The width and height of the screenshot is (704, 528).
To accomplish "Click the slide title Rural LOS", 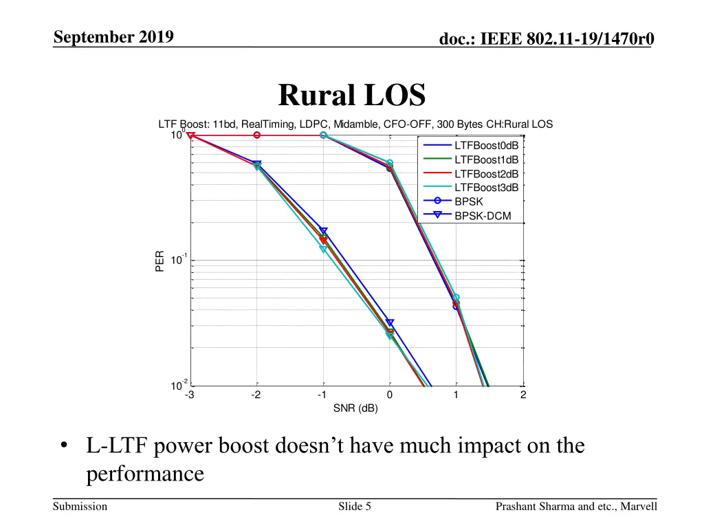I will point(352,96).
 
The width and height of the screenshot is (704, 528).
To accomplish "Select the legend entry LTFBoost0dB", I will point(486,146).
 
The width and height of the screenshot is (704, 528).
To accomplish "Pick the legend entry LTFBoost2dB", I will point(486,174).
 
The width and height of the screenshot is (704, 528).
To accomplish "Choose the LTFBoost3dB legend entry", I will point(486,188).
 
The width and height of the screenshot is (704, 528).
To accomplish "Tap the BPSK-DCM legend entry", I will point(482,216).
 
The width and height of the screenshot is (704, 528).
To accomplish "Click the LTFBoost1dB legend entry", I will point(486,159).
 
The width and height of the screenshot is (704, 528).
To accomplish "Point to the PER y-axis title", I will point(159,261).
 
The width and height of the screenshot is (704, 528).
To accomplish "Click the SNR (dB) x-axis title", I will point(355,408).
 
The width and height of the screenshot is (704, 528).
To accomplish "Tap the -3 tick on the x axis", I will point(189,395).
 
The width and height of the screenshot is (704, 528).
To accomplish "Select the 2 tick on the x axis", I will point(523,395).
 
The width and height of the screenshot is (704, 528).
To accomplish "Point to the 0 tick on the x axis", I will point(390,395).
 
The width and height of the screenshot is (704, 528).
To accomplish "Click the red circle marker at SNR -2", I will point(256,135).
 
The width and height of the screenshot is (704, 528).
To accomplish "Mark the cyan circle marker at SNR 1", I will point(456,298).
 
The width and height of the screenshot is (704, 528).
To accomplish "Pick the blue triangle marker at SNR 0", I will point(390,322).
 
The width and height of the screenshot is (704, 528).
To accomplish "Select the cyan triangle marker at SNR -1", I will point(323,249).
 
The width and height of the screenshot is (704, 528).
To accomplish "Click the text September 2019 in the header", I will point(113,37).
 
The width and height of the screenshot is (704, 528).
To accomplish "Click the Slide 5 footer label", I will point(355,507).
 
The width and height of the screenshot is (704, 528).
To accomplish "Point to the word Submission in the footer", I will point(80,507).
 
